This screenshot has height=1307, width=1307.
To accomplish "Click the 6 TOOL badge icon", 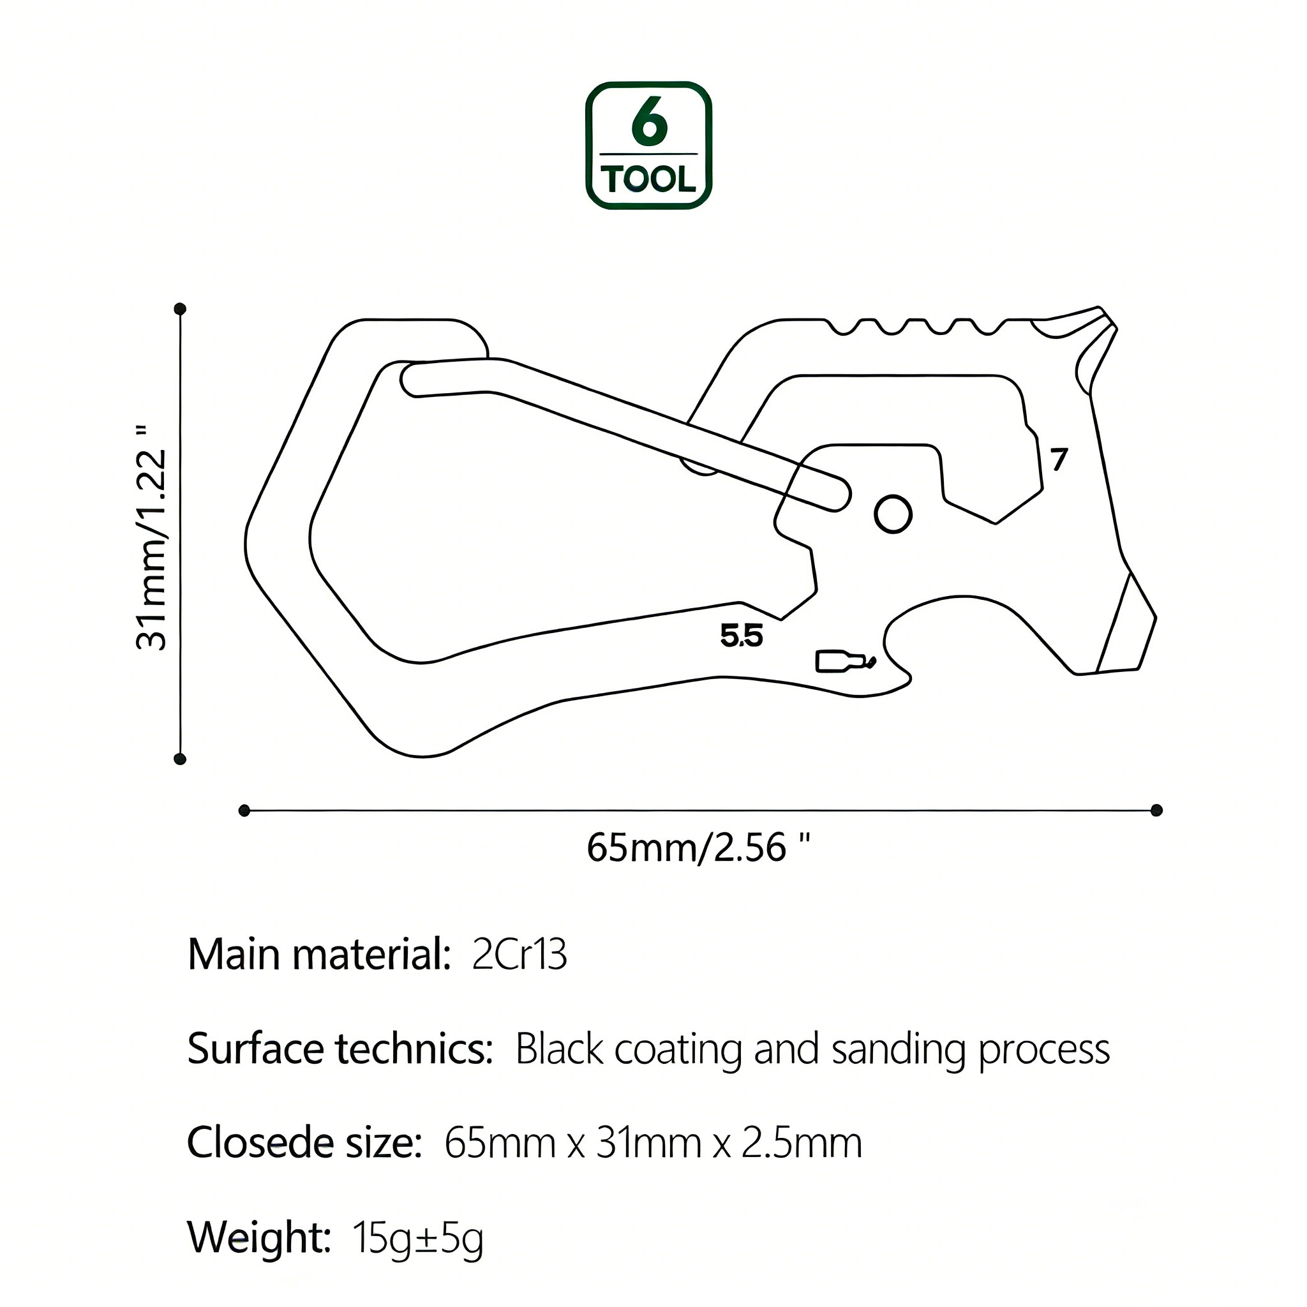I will (x=648, y=146).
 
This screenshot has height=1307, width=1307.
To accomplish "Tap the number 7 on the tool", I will (x=1059, y=459).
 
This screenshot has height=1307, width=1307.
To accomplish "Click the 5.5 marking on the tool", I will (x=742, y=636).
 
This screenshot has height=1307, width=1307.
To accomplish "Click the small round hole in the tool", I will (x=893, y=514).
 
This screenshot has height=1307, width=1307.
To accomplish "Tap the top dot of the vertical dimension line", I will (x=180, y=309).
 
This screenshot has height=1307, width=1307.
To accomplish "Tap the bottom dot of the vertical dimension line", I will (x=180, y=758).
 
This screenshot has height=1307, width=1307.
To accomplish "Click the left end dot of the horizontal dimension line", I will (x=245, y=810).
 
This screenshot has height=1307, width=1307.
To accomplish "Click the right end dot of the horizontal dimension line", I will (x=1156, y=810).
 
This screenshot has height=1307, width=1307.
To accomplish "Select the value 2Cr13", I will (x=519, y=955).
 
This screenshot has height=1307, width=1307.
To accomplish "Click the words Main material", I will (x=318, y=955).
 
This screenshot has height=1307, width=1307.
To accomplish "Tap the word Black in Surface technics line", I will (x=558, y=1049).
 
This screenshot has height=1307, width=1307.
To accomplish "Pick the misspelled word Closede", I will (x=260, y=1142).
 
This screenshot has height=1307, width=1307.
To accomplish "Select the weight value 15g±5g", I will (x=417, y=1238).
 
